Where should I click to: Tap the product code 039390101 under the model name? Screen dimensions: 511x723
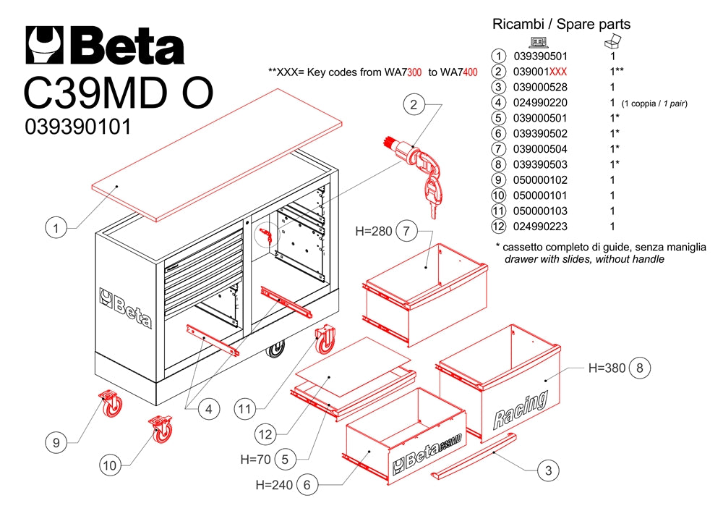[78, 127]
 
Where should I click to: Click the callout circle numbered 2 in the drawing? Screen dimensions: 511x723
[414, 106]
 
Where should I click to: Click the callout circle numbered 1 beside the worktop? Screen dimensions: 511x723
[57, 229]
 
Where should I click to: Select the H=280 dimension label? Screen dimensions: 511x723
[374, 232]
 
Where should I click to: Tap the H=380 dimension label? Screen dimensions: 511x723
[606, 368]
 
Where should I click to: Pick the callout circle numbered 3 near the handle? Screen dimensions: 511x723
[549, 470]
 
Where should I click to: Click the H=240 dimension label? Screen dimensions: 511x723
[273, 485]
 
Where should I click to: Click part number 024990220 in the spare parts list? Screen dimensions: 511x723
[540, 103]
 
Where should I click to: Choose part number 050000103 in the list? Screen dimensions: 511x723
[540, 211]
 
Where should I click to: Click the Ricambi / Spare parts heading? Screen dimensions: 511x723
[561, 25]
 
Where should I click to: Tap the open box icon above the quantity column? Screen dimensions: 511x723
[612, 41]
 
